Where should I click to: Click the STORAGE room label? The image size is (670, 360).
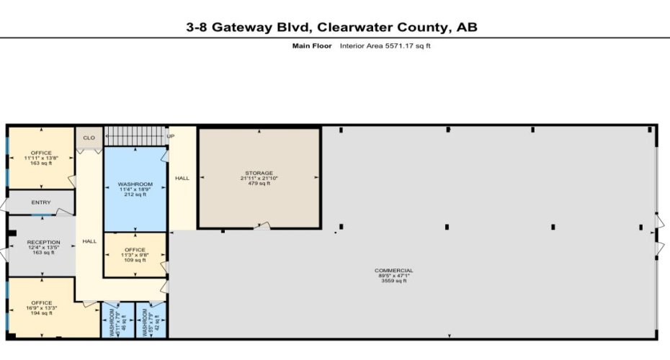click(259, 173)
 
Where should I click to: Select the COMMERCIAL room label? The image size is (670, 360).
click(394, 271)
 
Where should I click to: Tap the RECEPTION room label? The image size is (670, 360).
click(43, 243)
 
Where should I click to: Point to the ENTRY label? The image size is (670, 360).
click(41, 202)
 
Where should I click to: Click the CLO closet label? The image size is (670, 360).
click(89, 138)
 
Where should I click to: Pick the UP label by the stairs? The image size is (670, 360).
click(171, 136)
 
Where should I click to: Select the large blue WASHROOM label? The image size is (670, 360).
click(135, 184)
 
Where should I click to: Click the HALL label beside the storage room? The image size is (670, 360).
click(182, 178)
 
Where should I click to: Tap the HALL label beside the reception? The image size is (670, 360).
click(89, 241)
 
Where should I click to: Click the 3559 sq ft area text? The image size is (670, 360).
click(394, 281)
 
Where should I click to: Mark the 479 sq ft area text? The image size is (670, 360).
click(259, 183)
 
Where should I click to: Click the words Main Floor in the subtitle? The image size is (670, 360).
click(311, 46)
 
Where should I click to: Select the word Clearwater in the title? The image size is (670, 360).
click(337, 27)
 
